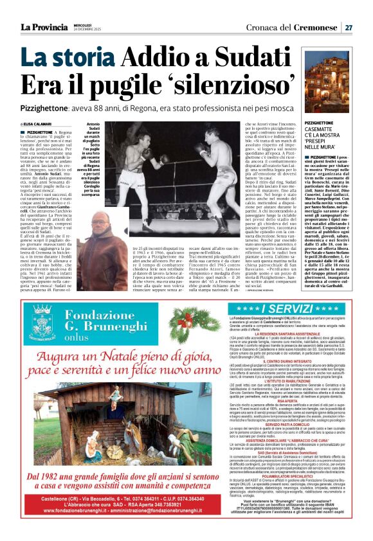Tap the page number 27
(x=348, y=27)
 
